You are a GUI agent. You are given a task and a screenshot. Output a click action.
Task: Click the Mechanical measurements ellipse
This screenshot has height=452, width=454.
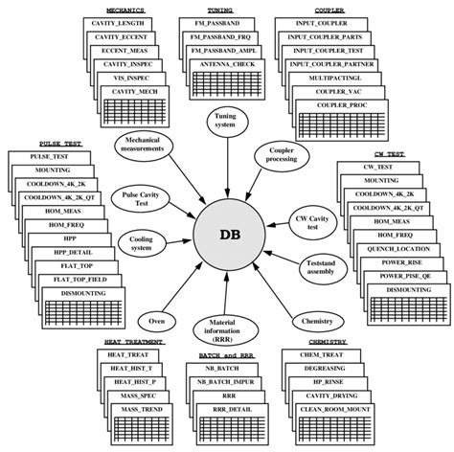[144, 146]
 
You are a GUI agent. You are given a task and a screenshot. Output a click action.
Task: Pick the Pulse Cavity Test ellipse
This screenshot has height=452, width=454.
[134, 197]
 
